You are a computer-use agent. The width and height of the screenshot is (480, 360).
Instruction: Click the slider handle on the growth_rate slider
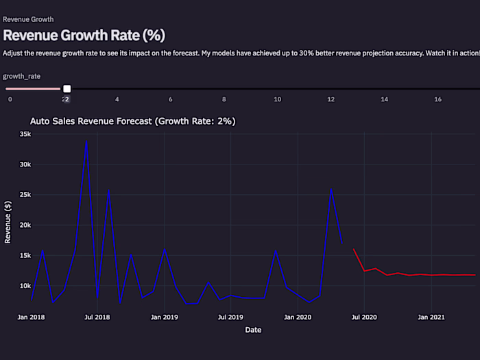point(67,88)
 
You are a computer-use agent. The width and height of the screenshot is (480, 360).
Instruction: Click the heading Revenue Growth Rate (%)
point(84,35)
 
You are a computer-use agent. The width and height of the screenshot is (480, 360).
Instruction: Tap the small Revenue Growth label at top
point(28,19)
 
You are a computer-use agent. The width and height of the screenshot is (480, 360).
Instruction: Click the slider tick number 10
point(277,99)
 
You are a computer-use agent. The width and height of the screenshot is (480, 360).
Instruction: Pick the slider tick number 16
point(437,99)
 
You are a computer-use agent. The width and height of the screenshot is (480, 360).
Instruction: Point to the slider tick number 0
point(10,99)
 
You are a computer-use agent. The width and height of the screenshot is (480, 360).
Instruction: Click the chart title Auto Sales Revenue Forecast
point(133,121)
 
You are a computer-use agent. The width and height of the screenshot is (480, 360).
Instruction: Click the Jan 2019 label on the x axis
point(164,317)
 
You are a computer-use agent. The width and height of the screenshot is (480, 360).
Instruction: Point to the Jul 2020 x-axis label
point(364,317)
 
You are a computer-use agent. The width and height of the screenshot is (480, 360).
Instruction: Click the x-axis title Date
point(253,330)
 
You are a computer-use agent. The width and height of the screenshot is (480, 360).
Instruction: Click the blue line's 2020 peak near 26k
point(331,189)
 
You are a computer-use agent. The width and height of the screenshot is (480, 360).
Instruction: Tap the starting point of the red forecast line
point(354,250)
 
